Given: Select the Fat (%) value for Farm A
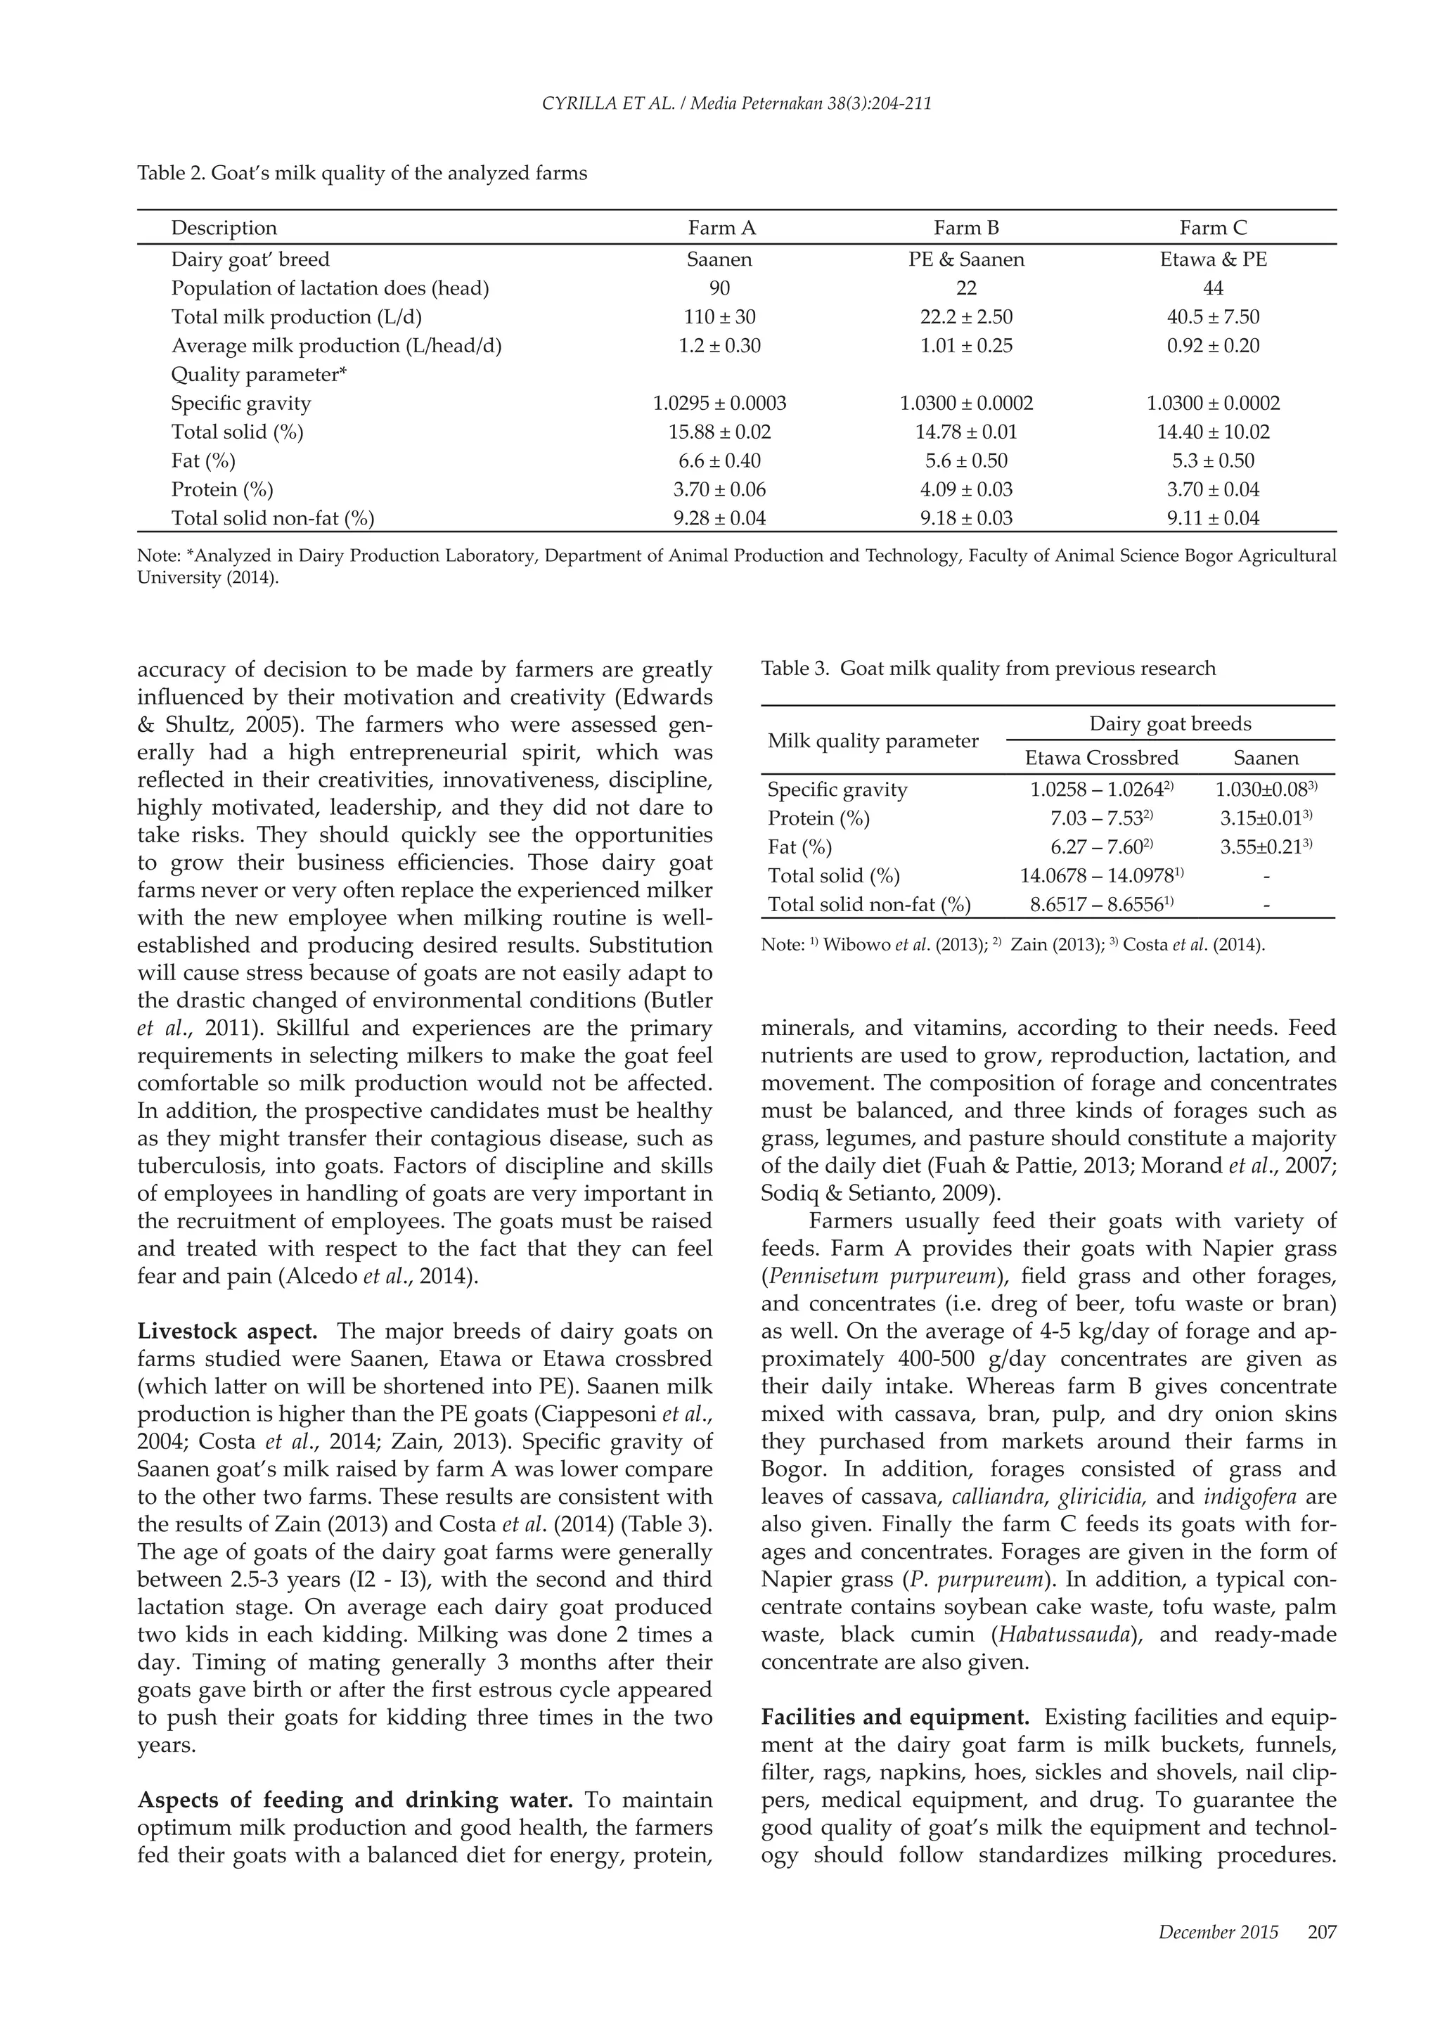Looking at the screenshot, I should pyautogui.click(x=719, y=461).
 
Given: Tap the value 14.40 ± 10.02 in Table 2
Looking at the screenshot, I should pyautogui.click(x=1212, y=433).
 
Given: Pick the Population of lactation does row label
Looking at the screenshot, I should pyautogui.click(x=330, y=288).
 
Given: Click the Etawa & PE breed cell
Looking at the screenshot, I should pyautogui.click(x=1213, y=260).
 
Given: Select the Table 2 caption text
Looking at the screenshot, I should pyautogui.click(x=362, y=173).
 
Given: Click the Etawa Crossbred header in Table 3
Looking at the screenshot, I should pyautogui.click(x=1101, y=758).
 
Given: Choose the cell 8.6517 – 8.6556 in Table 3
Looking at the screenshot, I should pyautogui.click(x=1101, y=905).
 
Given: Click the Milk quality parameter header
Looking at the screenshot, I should pyautogui.click(x=873, y=741).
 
